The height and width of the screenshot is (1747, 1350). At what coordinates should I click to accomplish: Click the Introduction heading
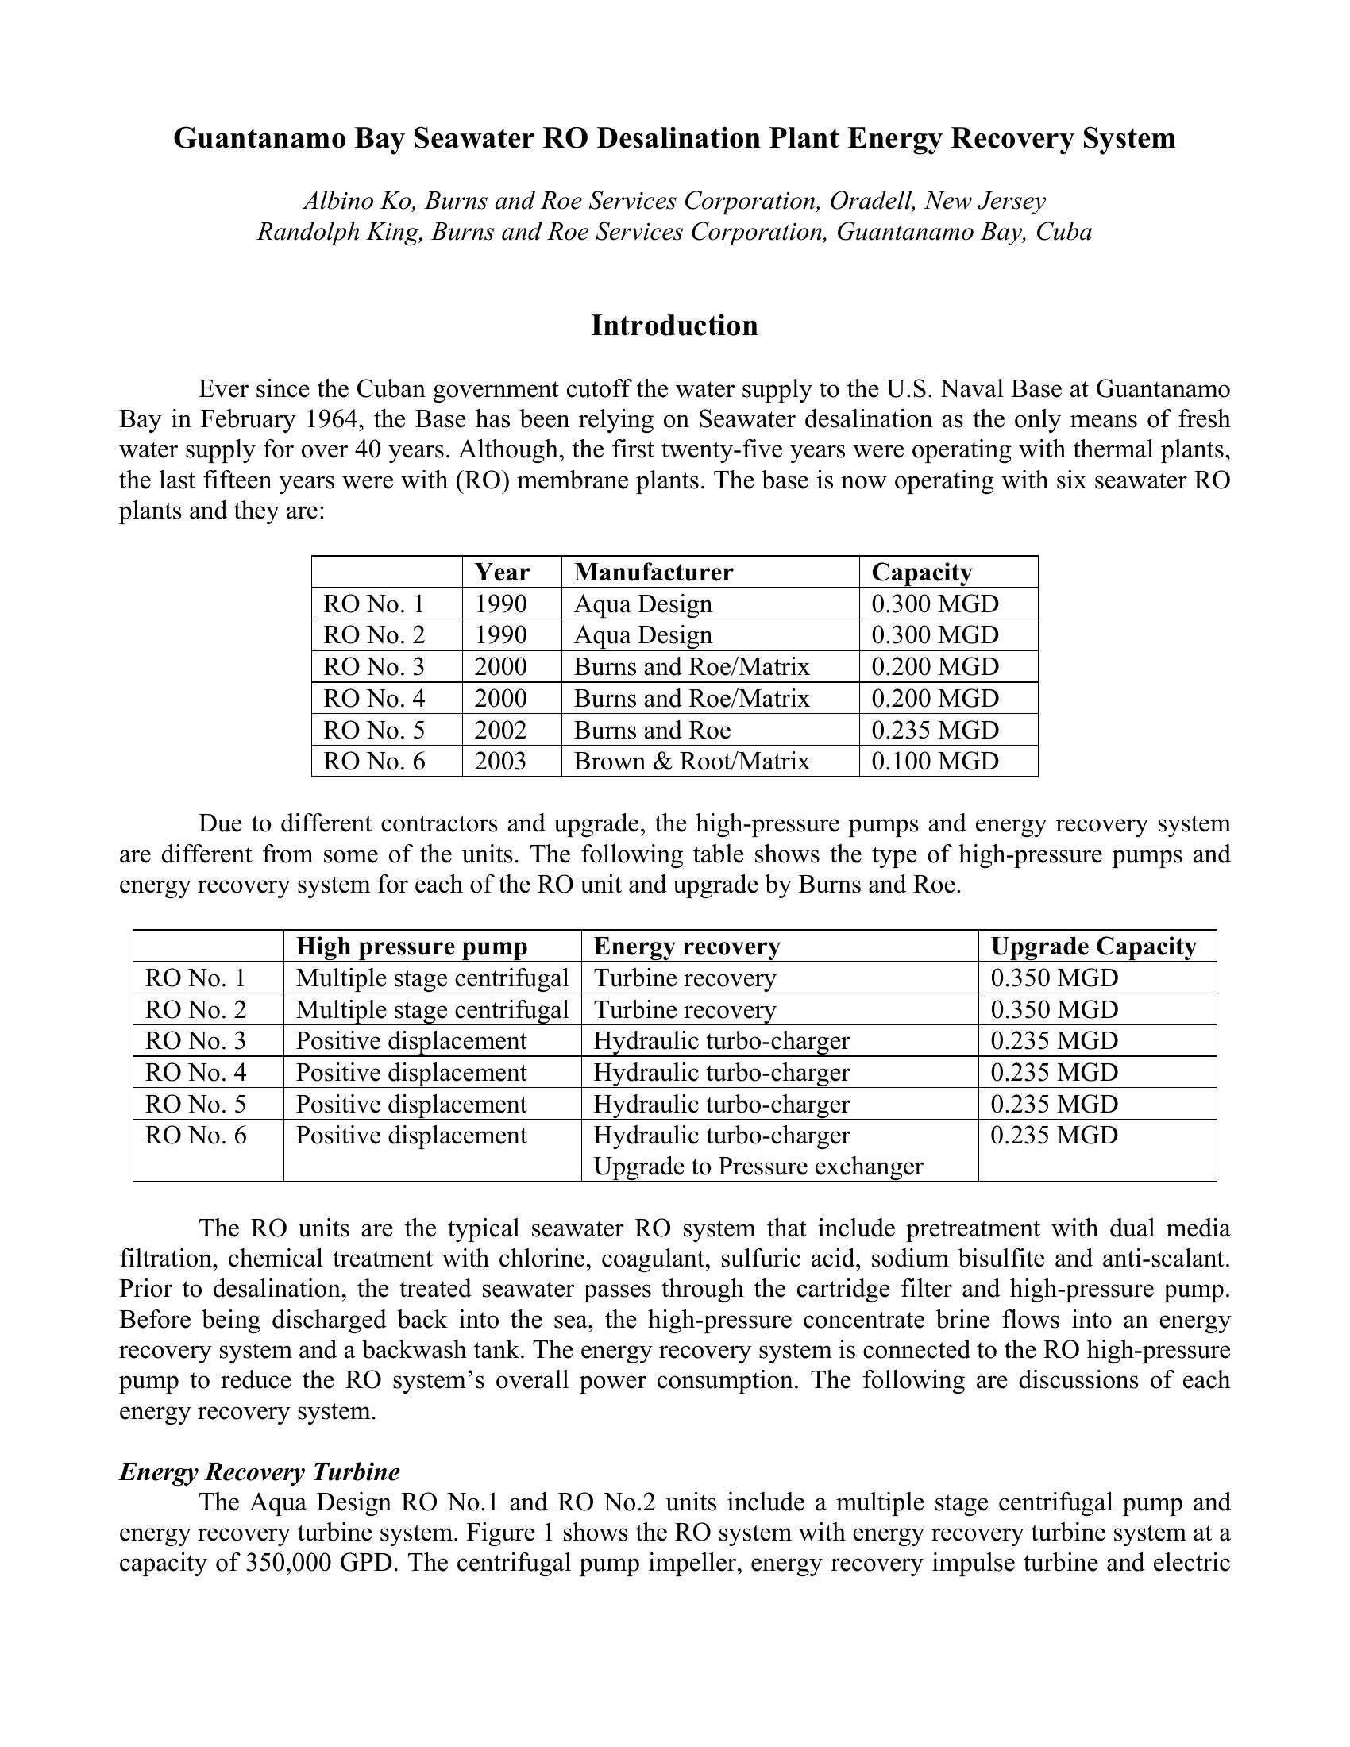point(674,326)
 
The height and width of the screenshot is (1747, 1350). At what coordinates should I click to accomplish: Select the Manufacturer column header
point(654,572)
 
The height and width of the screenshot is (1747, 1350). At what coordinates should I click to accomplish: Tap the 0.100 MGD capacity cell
point(935,761)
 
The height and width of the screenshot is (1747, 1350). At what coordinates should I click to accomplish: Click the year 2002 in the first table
point(500,730)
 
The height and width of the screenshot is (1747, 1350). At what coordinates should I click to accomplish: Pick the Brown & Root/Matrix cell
point(692,761)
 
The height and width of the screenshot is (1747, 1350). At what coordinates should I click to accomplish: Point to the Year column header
point(501,572)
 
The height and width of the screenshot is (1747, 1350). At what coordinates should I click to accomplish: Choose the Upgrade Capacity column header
point(1093,947)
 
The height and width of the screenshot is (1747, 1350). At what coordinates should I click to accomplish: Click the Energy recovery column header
point(686,947)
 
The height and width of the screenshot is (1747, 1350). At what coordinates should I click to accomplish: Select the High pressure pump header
point(412,947)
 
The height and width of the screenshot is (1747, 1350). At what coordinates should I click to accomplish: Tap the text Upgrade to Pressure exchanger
point(758,1167)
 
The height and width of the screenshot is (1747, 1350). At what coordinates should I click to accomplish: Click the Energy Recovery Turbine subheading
point(259,1471)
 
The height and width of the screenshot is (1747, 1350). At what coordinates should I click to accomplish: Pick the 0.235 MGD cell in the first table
point(935,730)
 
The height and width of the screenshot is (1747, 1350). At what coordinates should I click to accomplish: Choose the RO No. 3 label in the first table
point(373,666)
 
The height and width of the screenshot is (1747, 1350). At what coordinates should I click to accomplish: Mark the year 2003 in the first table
point(500,761)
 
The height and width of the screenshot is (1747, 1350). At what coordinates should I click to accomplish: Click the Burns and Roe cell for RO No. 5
point(652,730)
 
